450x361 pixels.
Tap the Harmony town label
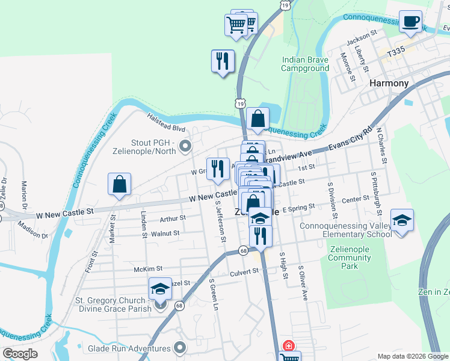point(389,83)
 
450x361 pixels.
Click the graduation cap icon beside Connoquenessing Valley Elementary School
point(402,220)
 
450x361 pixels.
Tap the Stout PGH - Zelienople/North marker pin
point(185,146)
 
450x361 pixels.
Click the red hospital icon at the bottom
point(289,346)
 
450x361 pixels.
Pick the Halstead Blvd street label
point(167,128)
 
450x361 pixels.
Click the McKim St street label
point(149,268)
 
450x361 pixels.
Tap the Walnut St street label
point(165,233)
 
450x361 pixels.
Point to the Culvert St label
point(244,271)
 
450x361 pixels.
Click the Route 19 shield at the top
point(285,5)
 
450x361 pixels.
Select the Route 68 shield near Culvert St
point(243,250)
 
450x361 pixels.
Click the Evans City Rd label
point(351,140)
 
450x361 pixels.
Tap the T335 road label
point(396,53)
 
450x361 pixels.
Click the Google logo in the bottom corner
point(20,354)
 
